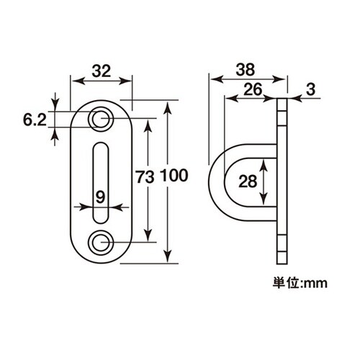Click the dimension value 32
click(x=102, y=71)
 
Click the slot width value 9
click(x=102, y=194)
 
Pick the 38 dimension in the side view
click(x=245, y=71)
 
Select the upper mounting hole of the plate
click(x=101, y=118)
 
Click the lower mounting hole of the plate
click(x=101, y=241)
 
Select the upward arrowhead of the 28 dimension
click(x=266, y=163)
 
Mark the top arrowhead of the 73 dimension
click(x=149, y=122)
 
